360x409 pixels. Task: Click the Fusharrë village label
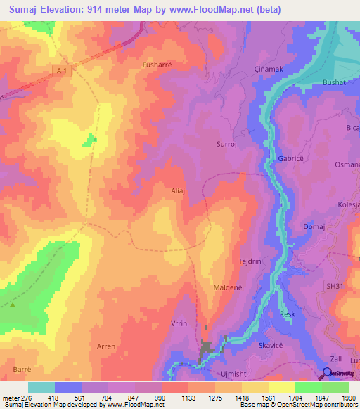(157, 65)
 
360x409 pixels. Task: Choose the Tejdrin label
(250, 261)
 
